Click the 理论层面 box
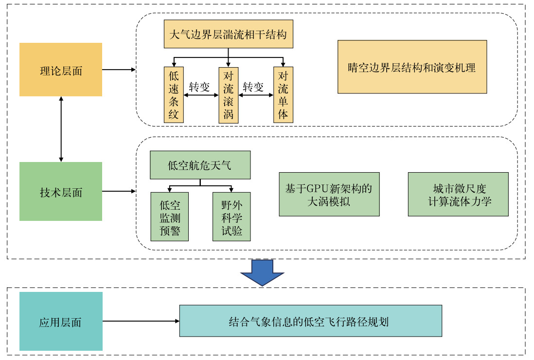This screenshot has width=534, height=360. point(61,70)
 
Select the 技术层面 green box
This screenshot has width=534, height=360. point(61,192)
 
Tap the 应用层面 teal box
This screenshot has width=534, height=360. point(61,322)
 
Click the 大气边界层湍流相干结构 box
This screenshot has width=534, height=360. point(229,35)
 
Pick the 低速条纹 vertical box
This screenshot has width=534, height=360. point(174,95)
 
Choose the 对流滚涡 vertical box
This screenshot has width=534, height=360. point(229,95)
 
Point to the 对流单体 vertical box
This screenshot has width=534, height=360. point(283,95)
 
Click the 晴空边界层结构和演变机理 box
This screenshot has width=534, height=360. point(412,67)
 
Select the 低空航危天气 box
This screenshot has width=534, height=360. point(200,165)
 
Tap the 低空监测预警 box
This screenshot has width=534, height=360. point(169,216)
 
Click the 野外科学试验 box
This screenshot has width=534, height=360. point(231,216)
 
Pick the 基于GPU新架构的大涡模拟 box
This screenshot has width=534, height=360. point(329,194)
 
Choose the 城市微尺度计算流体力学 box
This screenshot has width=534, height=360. point(458,194)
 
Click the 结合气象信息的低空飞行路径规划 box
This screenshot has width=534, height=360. point(310,321)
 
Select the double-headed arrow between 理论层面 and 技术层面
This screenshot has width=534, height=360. point(61,129)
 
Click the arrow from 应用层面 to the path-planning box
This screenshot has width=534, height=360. point(141,321)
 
